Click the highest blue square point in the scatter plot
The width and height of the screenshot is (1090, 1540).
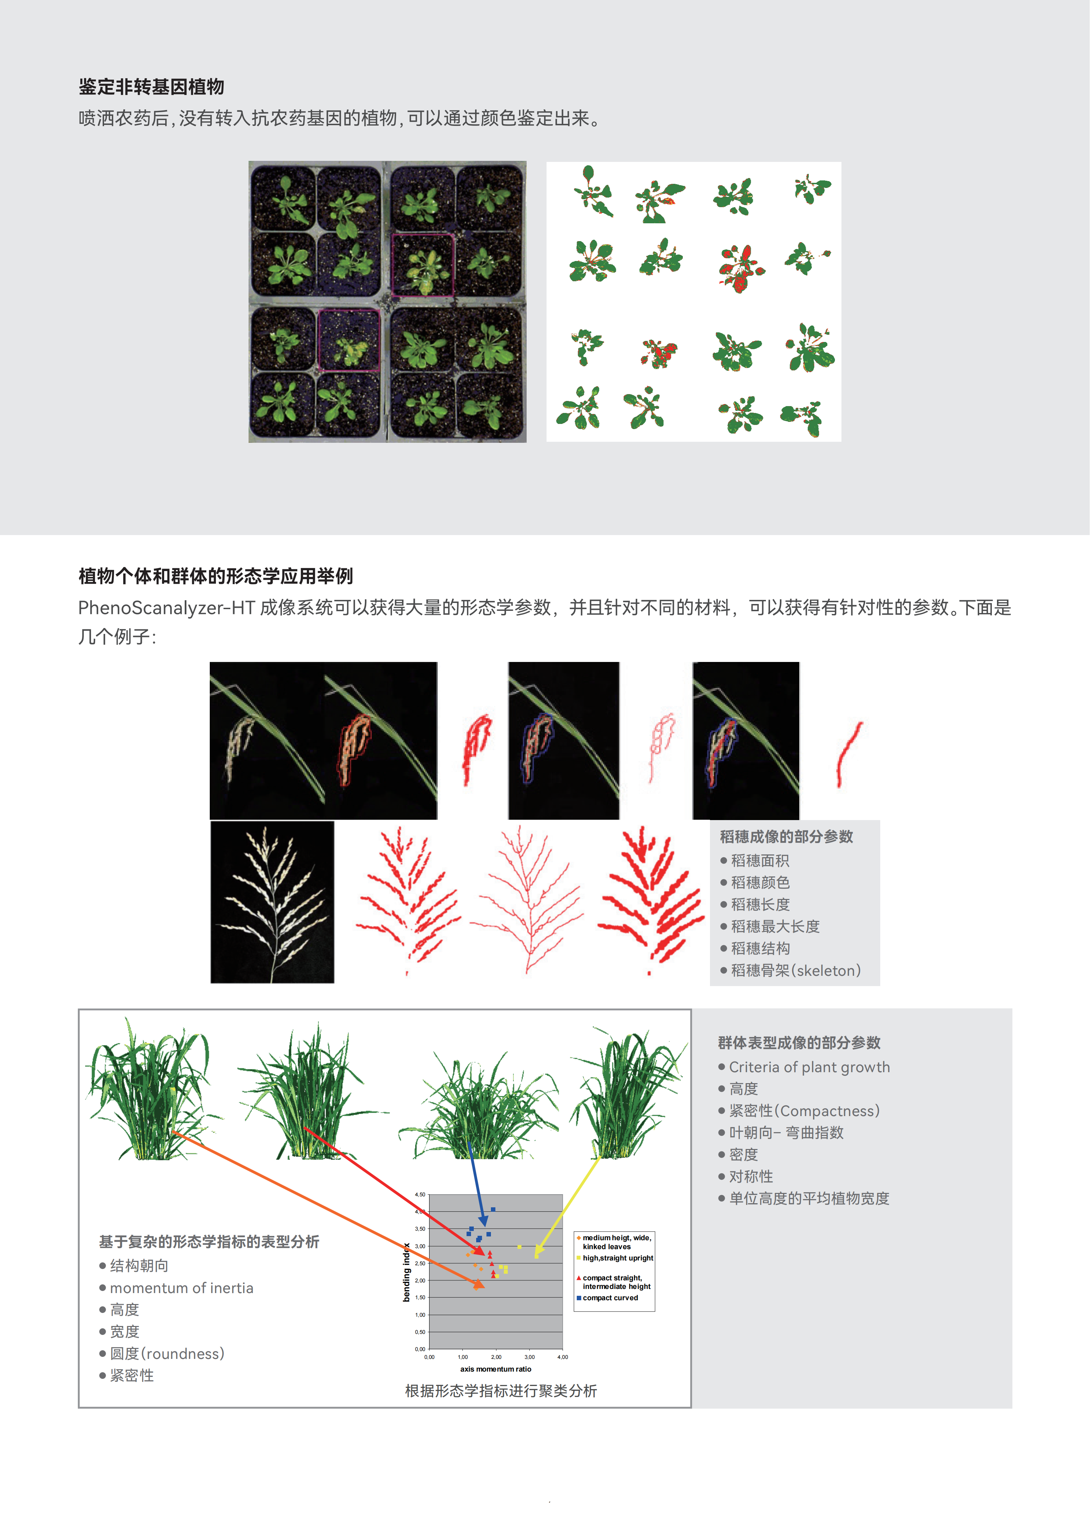[493, 1209]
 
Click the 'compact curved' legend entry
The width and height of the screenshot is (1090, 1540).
[610, 1298]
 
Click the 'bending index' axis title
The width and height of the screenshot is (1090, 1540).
[406, 1272]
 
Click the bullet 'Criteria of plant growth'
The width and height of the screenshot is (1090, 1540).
[810, 1067]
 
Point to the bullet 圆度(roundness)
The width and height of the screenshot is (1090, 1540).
[167, 1353]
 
